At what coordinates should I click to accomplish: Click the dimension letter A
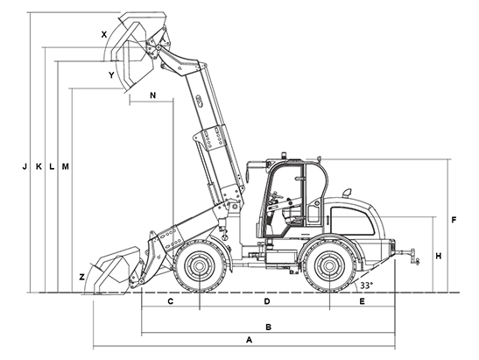pyautogui.click(x=250, y=340)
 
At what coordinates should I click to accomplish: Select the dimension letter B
pyautogui.click(x=268, y=327)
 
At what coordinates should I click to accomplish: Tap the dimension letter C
pyautogui.click(x=171, y=301)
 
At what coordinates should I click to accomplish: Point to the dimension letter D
pyautogui.click(x=267, y=301)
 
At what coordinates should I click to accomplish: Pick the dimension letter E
pyautogui.click(x=362, y=301)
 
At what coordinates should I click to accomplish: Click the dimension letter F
pyautogui.click(x=454, y=220)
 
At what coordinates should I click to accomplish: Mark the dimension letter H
pyautogui.click(x=439, y=256)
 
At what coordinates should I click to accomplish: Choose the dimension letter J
pyautogui.click(x=25, y=166)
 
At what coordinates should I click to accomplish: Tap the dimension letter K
pyautogui.click(x=39, y=166)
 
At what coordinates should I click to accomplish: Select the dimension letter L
pyautogui.click(x=52, y=166)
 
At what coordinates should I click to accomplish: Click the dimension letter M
pyautogui.click(x=66, y=166)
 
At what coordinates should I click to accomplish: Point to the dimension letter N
pyautogui.click(x=152, y=95)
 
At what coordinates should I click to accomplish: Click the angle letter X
pyautogui.click(x=104, y=34)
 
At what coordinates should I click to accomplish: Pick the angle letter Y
pyautogui.click(x=111, y=74)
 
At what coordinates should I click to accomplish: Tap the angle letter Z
pyautogui.click(x=81, y=277)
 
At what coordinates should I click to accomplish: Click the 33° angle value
pyautogui.click(x=366, y=286)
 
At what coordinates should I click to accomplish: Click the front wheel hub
pyautogui.click(x=199, y=265)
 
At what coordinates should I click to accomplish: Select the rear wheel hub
pyautogui.click(x=329, y=265)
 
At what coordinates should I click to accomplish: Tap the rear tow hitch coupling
pyautogui.click(x=413, y=256)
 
